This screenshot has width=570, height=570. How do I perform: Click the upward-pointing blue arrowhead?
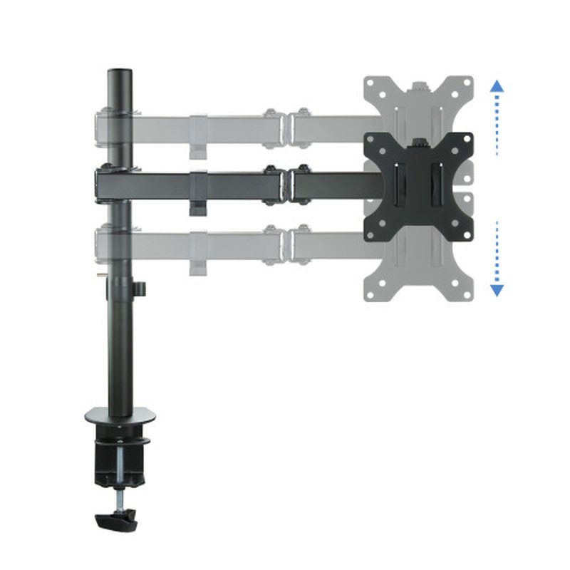(497, 86)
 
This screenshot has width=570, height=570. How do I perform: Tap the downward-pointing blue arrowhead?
(497, 289)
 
